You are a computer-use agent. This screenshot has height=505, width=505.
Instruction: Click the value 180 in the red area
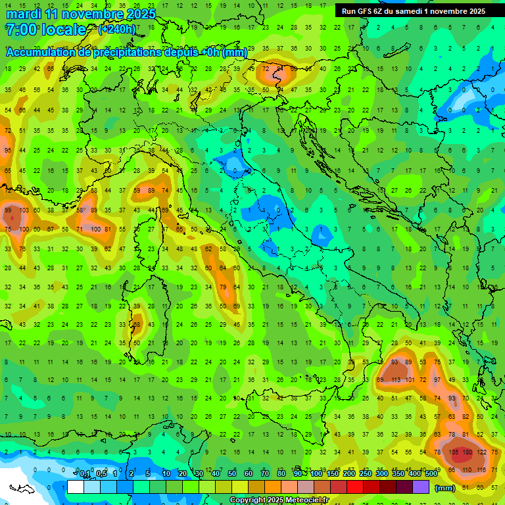tap(468, 452)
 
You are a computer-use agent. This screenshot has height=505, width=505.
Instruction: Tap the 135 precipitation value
tap(453, 452)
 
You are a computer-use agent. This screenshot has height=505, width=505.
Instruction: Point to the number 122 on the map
tap(482, 452)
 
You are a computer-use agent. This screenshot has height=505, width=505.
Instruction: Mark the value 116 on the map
tap(482, 470)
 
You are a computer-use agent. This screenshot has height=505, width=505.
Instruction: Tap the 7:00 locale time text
tap(45, 30)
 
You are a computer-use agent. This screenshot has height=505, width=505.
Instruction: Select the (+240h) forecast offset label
tap(117, 30)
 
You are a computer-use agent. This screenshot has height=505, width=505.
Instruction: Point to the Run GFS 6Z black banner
tap(414, 11)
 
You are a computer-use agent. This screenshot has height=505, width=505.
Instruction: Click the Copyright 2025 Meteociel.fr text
tap(279, 500)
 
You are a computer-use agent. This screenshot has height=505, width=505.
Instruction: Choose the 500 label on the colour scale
tap(430, 475)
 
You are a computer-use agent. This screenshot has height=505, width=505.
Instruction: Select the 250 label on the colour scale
tap(364, 475)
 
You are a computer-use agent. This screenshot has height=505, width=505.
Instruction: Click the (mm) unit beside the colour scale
tap(445, 488)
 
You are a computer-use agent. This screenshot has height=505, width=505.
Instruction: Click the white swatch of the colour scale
tap(76, 487)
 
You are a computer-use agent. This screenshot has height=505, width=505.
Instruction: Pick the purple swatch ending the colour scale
tap(421, 487)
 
